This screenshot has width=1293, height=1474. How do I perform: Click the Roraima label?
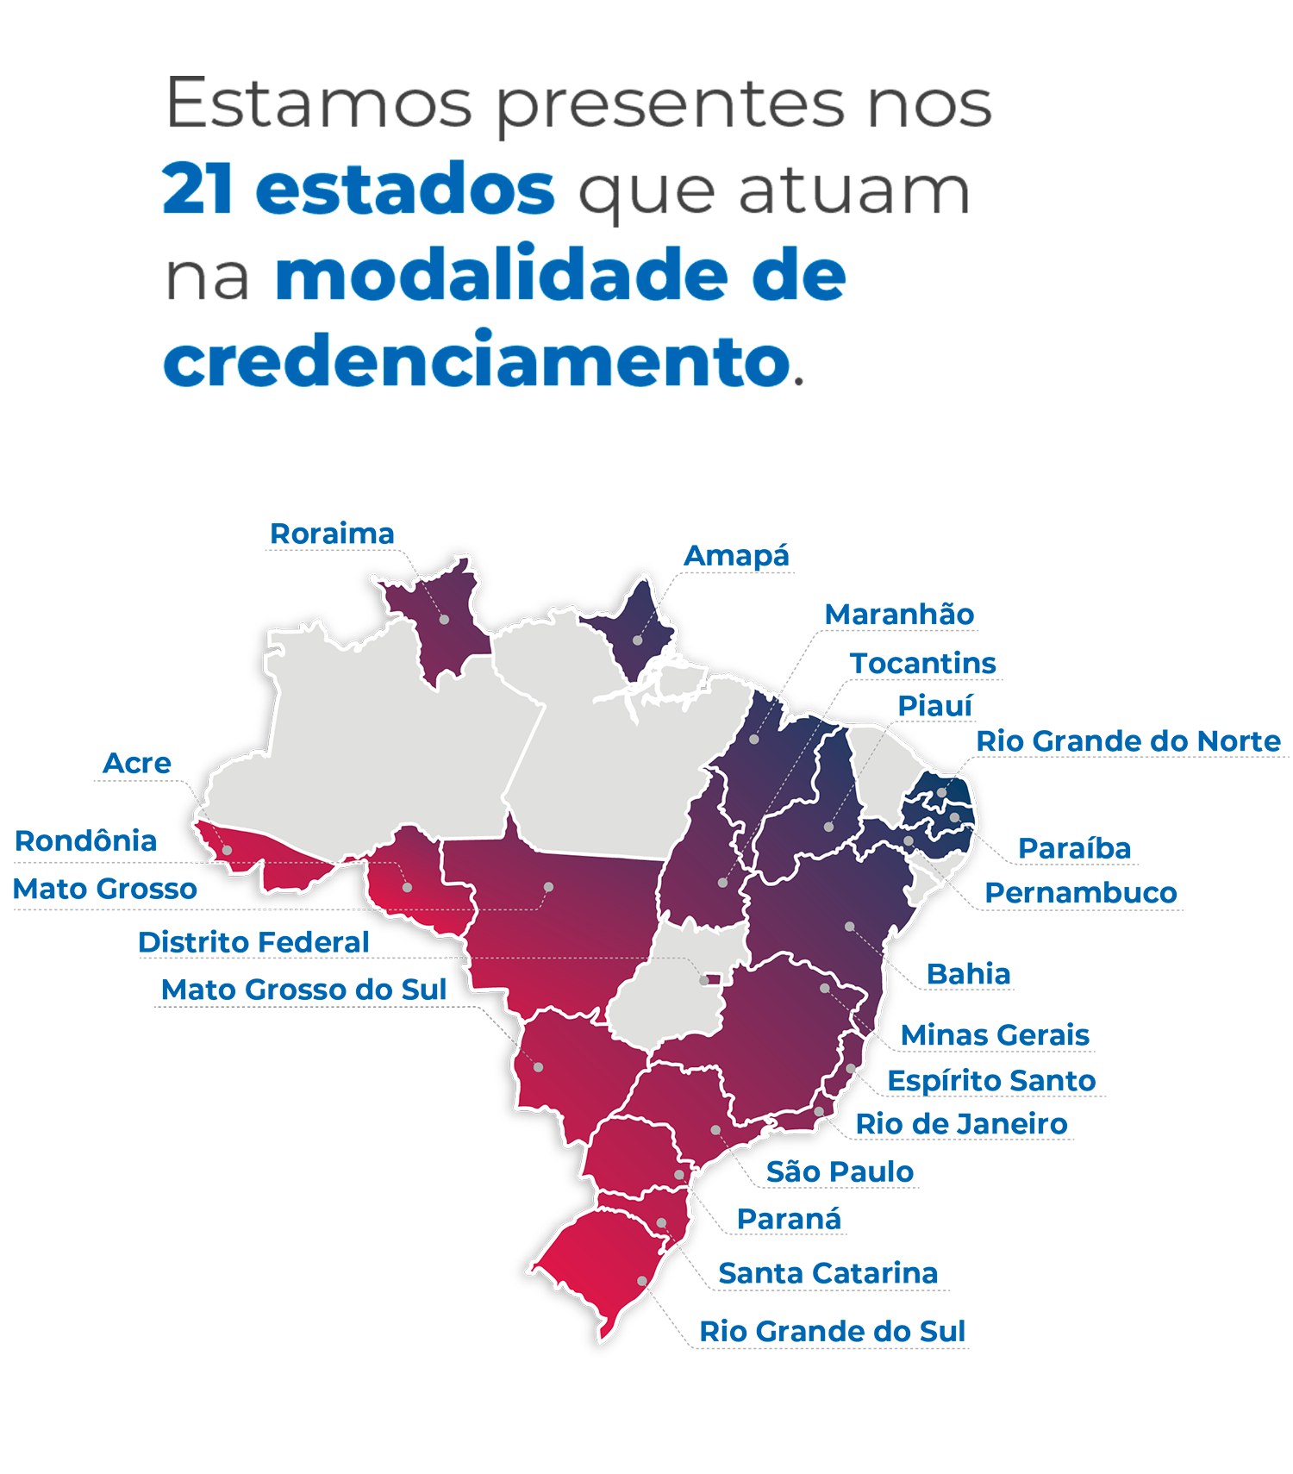332,534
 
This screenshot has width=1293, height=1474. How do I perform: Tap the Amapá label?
736,556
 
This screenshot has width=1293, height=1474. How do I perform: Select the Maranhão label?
899,615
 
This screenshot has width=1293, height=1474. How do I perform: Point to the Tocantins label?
922,663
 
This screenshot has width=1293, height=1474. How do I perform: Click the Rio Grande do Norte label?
1127,740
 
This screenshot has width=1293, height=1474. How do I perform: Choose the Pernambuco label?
1080,892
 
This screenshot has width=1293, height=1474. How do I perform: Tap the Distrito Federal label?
253,942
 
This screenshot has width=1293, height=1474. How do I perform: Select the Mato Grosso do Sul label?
303,990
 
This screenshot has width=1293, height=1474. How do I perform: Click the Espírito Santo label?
991,1080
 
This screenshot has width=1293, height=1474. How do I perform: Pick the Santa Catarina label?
828,1272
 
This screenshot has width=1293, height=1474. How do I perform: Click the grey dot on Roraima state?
444,620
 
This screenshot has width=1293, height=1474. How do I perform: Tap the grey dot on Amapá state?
637,640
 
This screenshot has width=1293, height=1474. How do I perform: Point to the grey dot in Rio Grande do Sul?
641,1281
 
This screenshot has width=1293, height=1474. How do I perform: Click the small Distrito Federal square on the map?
704,980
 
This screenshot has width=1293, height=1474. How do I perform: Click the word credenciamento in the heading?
477,360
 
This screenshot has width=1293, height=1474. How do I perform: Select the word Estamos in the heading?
319,103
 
